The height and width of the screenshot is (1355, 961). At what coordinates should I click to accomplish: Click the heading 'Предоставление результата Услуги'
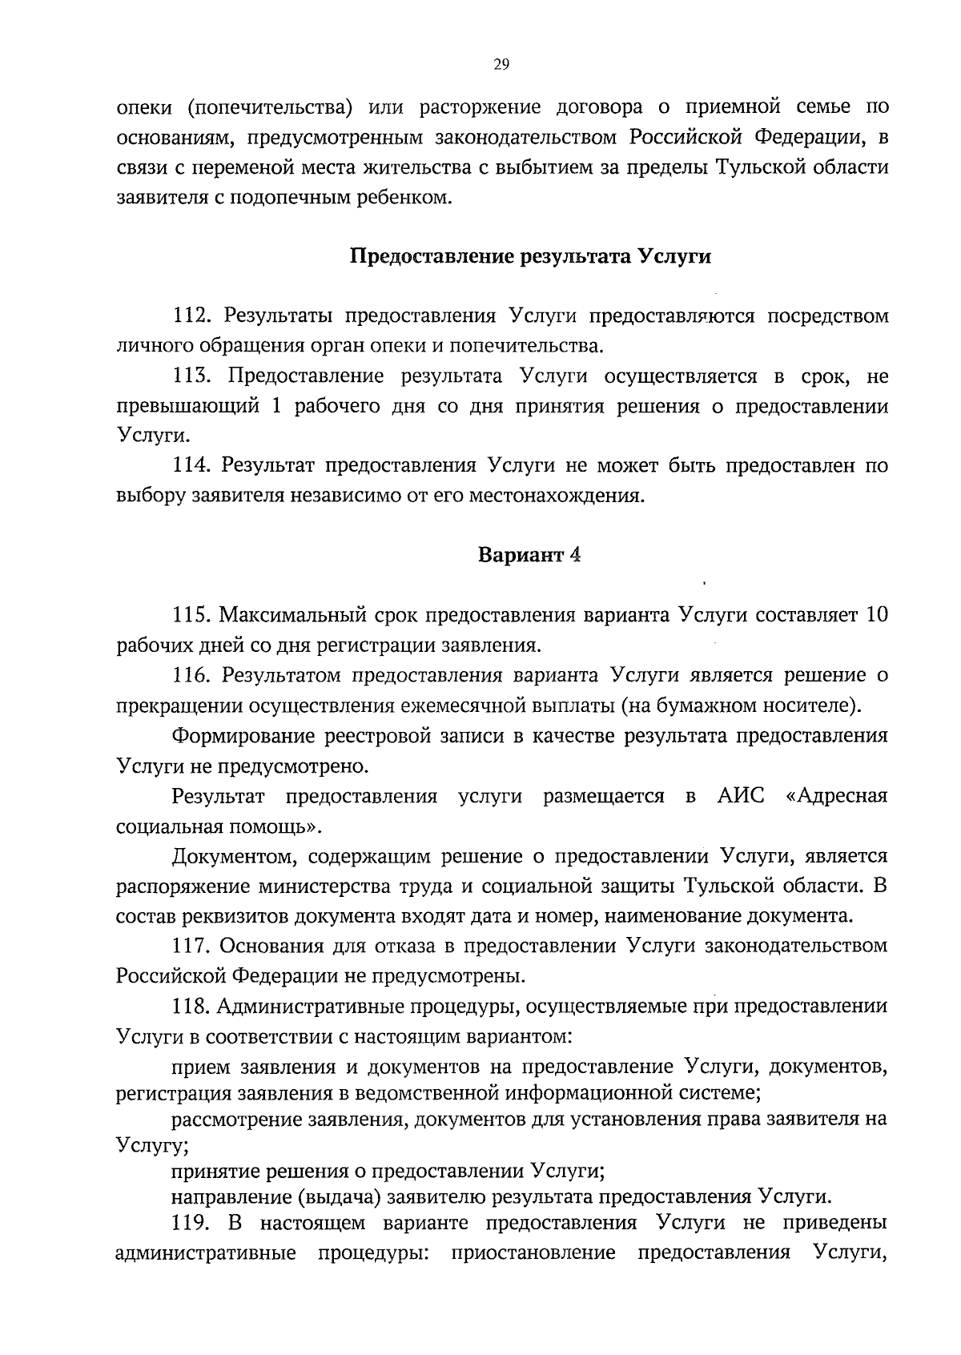(531, 257)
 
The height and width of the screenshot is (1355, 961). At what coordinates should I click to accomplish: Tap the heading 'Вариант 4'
(529, 556)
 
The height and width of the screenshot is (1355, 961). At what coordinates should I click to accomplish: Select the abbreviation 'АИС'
(737, 796)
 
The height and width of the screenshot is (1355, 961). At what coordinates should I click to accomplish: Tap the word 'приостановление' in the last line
(533, 1252)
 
